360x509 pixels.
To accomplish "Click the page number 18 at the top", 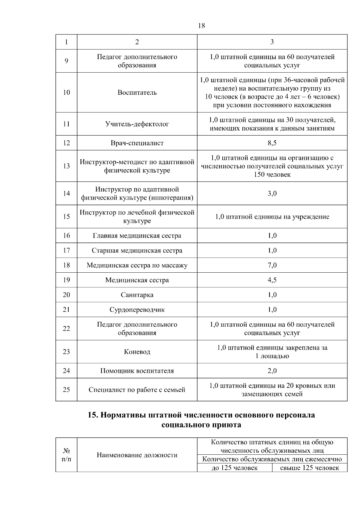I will click(x=202, y=26).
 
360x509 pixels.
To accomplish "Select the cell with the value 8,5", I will click(x=272, y=143).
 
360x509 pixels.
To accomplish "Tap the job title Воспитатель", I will click(x=137, y=92).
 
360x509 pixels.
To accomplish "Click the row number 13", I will click(x=66, y=166).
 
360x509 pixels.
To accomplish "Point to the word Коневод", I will click(x=137, y=352).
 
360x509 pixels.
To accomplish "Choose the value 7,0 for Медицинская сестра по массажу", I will click(x=272, y=265).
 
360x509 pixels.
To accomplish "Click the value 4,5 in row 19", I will click(x=272, y=280).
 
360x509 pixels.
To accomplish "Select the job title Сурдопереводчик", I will click(x=137, y=310).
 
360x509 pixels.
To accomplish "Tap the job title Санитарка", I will click(x=137, y=295).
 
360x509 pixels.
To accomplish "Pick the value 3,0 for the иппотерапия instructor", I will click(x=272, y=193).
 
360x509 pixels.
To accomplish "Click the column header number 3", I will click(x=272, y=42).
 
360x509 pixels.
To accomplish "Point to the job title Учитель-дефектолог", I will click(x=137, y=124).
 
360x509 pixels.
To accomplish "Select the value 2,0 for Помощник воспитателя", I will click(x=272, y=371).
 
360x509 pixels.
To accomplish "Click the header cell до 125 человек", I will click(x=235, y=468).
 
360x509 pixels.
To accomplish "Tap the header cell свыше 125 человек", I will click(x=310, y=468).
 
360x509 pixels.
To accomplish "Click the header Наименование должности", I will click(x=137, y=455).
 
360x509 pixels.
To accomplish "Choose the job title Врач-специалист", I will click(x=137, y=143).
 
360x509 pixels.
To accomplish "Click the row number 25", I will click(x=66, y=390).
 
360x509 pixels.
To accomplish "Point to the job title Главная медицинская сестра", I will click(x=137, y=235).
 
